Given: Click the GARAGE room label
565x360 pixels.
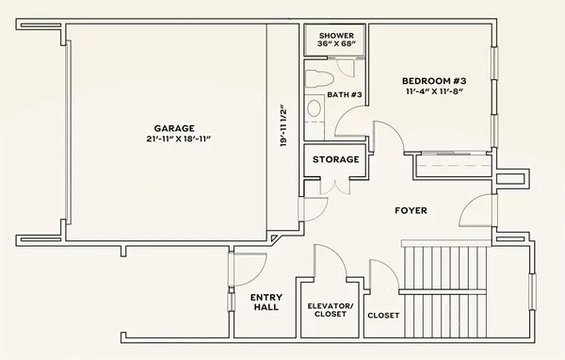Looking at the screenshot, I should point(173,127).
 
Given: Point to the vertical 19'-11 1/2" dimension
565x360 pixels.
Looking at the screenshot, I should point(283,126).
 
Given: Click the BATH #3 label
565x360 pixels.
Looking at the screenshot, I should point(345,94).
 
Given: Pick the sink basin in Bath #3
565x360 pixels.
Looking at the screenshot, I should point(314,108).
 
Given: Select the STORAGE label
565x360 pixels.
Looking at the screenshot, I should point(335,159).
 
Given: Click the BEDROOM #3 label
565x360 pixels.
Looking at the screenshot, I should point(434,81).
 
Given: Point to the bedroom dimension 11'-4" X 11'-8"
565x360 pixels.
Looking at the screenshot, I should point(434,92).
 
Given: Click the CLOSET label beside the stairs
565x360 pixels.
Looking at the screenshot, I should point(383,315).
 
